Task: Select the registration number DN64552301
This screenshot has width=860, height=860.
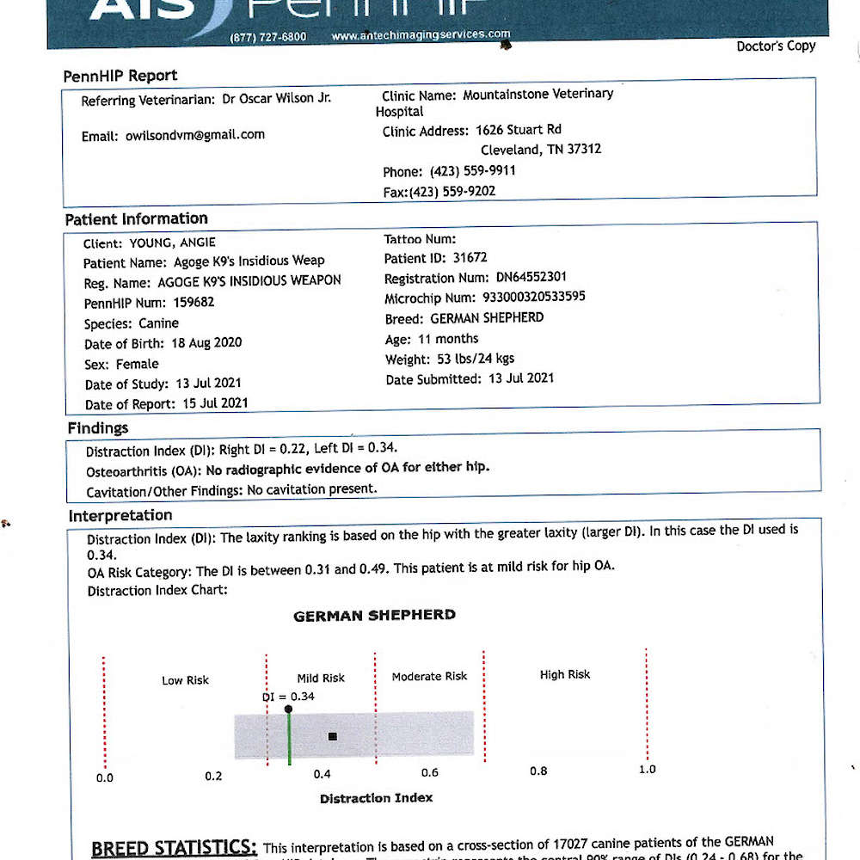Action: pyautogui.click(x=518, y=278)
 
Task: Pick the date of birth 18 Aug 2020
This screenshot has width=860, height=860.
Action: pyautogui.click(x=206, y=342)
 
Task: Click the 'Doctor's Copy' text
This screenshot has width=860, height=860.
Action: pyautogui.click(x=776, y=46)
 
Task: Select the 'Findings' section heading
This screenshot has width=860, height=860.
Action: pyautogui.click(x=98, y=427)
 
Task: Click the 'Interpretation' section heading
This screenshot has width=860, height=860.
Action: pyautogui.click(x=120, y=515)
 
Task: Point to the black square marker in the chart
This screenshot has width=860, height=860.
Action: pyautogui.click(x=333, y=736)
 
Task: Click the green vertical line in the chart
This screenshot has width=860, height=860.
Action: pyautogui.click(x=289, y=740)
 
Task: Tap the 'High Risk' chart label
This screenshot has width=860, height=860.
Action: pyautogui.click(x=565, y=674)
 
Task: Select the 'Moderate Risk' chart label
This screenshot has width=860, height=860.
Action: pyautogui.click(x=429, y=676)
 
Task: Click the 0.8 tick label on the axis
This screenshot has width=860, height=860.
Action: pyautogui.click(x=538, y=771)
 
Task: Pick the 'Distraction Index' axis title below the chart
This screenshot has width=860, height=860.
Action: pyautogui.click(x=376, y=798)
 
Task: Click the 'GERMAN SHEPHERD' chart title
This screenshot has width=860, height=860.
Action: pyautogui.click(x=374, y=615)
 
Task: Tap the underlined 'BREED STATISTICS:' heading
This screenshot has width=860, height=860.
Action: pyautogui.click(x=174, y=848)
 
